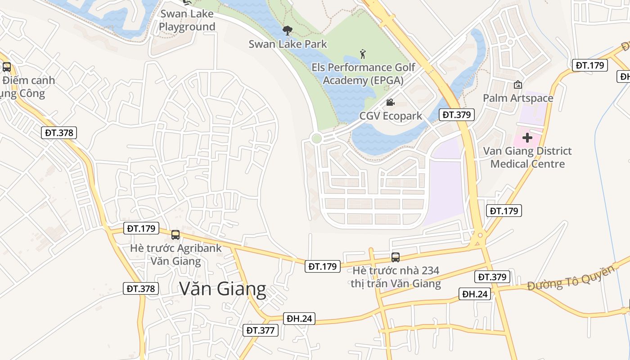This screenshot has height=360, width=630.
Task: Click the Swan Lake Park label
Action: point(288,44)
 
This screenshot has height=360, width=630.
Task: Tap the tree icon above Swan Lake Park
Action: point(287,31)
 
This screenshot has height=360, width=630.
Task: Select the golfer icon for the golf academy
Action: point(363,54)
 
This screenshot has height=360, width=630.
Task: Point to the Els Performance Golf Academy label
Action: point(363,74)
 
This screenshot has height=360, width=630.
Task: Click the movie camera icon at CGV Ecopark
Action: point(390,103)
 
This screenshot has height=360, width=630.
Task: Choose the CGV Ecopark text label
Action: point(391,116)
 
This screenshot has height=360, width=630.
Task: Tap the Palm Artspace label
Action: point(518,98)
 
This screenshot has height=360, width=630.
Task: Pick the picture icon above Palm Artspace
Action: point(518,85)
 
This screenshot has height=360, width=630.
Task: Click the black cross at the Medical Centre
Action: point(527,138)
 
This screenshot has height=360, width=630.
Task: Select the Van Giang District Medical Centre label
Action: point(527,157)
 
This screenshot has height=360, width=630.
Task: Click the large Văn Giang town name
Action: point(223,288)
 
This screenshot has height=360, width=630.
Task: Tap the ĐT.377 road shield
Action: point(261,330)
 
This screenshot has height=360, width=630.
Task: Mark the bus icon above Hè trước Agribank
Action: point(175,234)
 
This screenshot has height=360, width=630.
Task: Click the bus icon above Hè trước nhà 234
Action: point(395,257)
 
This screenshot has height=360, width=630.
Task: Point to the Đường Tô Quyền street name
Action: point(571,278)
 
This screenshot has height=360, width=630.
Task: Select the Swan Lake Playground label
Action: point(187,20)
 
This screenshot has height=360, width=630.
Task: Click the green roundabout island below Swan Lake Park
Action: point(316,139)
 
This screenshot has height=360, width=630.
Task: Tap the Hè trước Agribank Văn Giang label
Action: point(175,254)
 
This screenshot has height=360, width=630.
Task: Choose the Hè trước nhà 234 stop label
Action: point(396,277)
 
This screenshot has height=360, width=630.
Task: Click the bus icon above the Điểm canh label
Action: point(6,67)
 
